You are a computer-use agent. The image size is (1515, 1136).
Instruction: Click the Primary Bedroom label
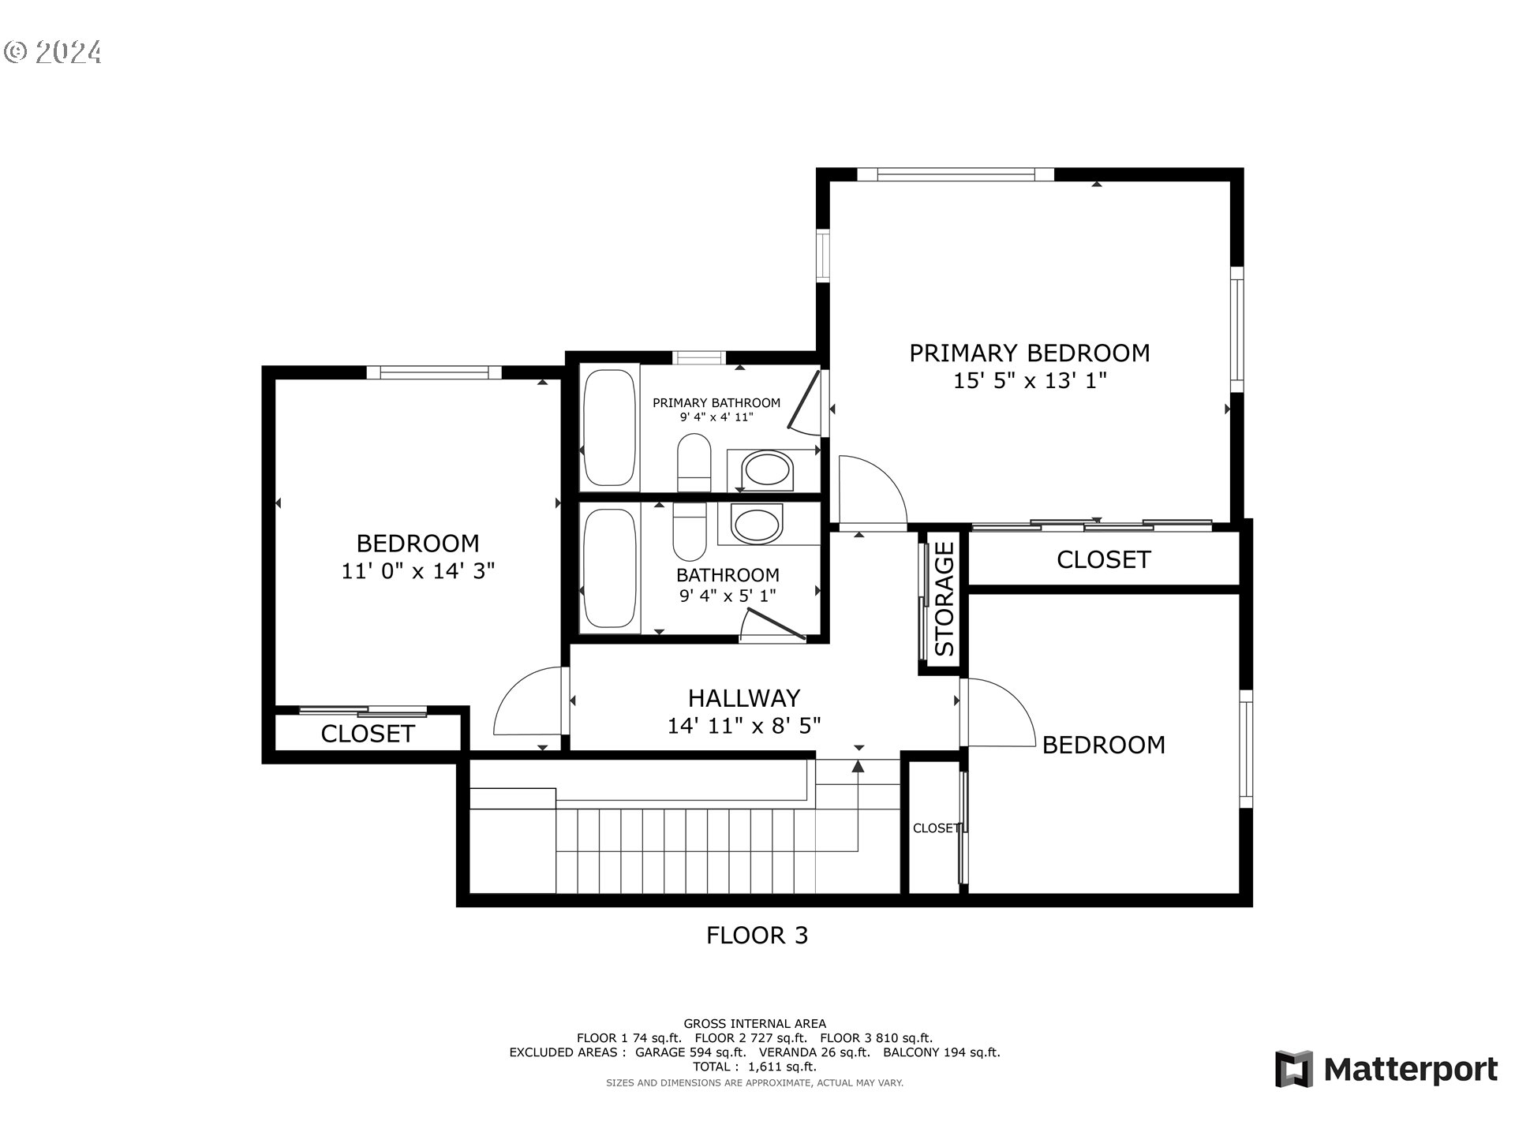[x=1029, y=353]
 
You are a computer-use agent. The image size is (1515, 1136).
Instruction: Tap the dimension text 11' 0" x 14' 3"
[x=417, y=571]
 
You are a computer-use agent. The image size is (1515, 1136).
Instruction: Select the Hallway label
[x=743, y=698]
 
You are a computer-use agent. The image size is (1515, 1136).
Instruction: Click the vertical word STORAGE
[x=945, y=600]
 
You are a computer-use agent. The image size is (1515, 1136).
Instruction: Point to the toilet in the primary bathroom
[x=694, y=462]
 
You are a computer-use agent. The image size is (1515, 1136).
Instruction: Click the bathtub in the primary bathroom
[x=610, y=426]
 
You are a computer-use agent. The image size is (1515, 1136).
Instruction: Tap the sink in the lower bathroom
[x=756, y=525]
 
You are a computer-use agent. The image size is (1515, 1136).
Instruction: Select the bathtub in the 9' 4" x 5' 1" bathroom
[x=610, y=568]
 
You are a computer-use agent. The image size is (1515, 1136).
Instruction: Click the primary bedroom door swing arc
[x=872, y=489]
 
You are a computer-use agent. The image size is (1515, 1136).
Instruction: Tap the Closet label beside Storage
[x=1103, y=560]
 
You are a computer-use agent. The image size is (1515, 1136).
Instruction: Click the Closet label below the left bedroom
[x=367, y=734]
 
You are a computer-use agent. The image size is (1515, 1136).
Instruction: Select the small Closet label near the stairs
[x=936, y=828]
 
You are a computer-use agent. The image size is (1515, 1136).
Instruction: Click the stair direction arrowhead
[x=858, y=766]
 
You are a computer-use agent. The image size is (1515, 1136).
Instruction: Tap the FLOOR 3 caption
[x=757, y=936]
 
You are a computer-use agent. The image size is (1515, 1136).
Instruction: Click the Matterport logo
[x=1386, y=1070]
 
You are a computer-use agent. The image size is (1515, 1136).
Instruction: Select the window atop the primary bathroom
[x=699, y=358]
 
